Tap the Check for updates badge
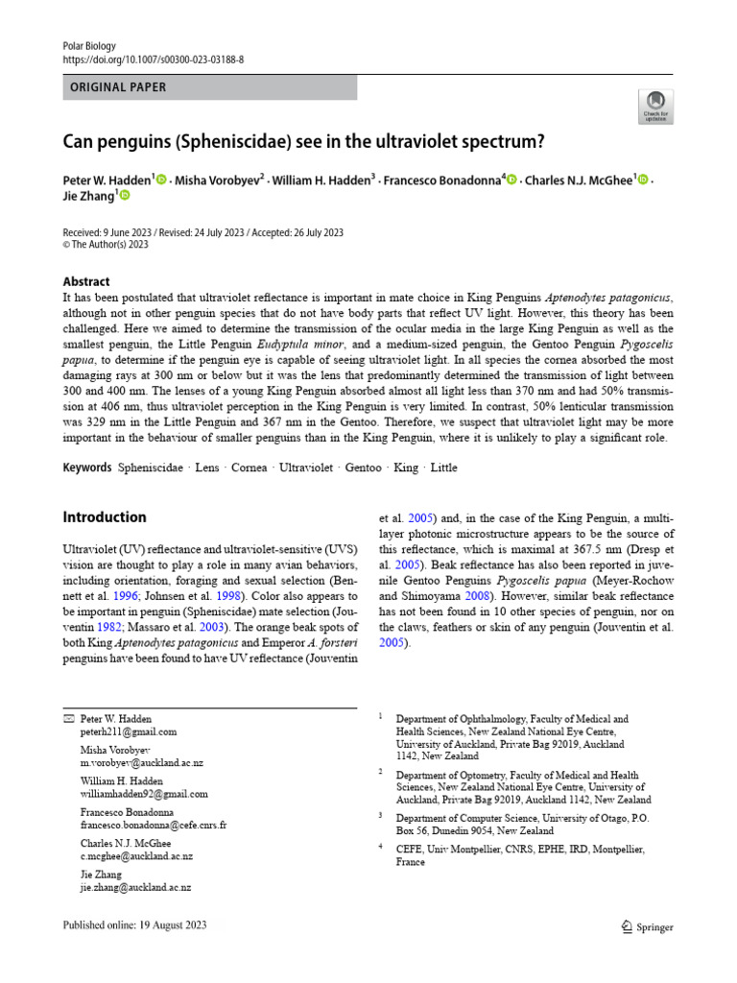click(654, 107)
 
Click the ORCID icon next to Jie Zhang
click(124, 196)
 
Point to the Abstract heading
click(86, 281)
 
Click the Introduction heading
click(105, 516)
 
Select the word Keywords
click(86, 468)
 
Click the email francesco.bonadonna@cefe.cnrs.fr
click(154, 825)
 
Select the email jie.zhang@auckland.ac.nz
click(135, 888)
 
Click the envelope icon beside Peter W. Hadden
click(67, 718)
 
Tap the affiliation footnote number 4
click(380, 847)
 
